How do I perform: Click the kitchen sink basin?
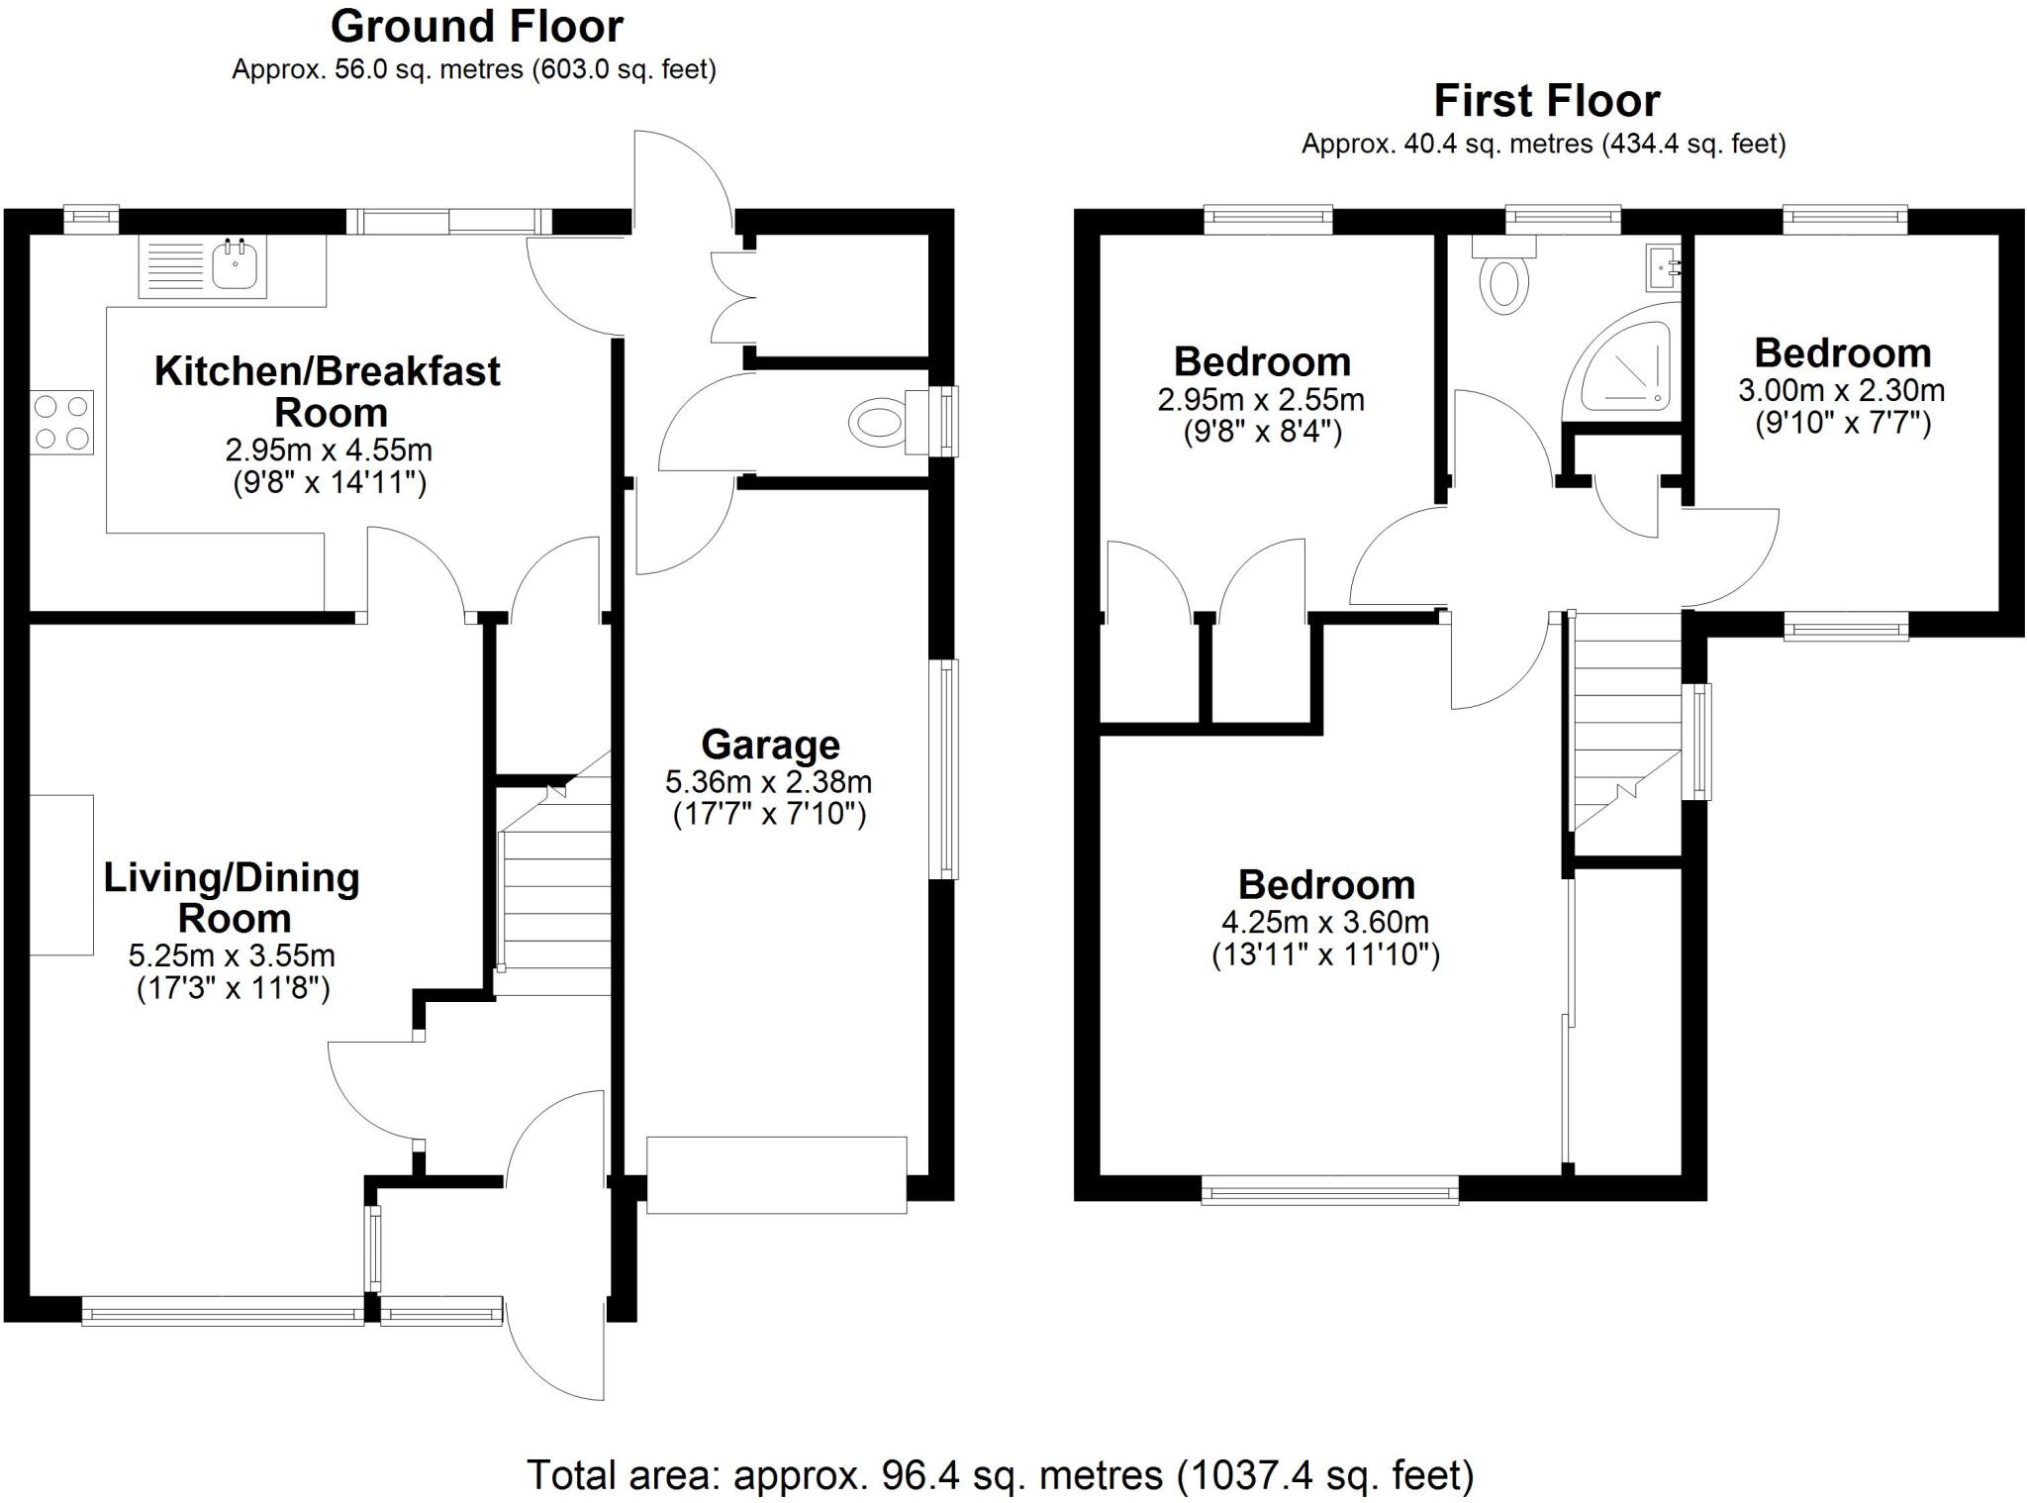[x=236, y=264]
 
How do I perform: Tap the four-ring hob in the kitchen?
[x=61, y=423]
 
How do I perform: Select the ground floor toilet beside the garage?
[x=879, y=424]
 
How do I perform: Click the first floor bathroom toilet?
[x=1503, y=282]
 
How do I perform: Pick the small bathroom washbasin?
[x=1664, y=266]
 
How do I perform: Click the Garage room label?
[x=770, y=745]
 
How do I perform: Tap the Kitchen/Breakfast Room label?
[x=328, y=392]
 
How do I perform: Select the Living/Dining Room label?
[x=232, y=898]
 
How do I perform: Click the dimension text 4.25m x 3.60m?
[x=1324, y=923]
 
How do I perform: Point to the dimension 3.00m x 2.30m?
[x=1841, y=390]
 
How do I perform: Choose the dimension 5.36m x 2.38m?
[x=768, y=782]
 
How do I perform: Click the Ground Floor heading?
[x=476, y=27]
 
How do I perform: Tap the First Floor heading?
[x=1546, y=101]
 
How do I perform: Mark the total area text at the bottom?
[x=1000, y=1474]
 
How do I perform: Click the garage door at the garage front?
[x=776, y=1174]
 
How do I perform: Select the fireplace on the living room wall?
[x=61, y=874]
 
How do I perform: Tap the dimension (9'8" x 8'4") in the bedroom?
[x=1262, y=433]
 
